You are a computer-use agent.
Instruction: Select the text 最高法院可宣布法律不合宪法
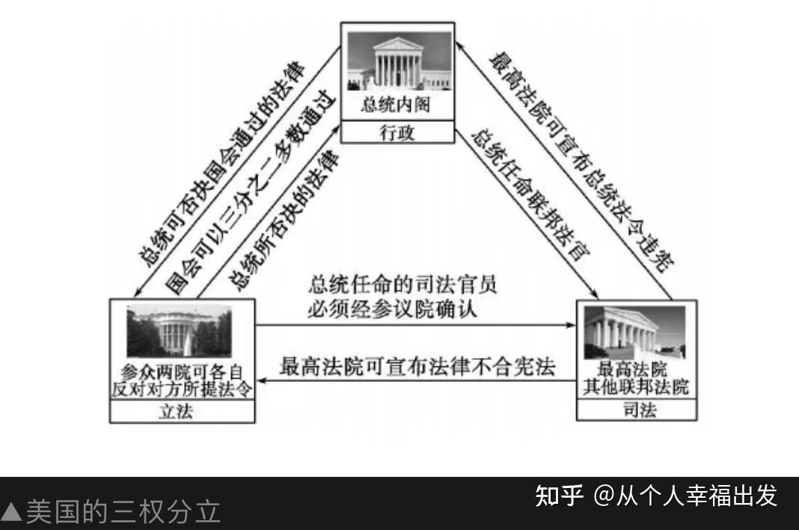coord(417,368)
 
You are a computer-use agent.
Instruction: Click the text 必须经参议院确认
coord(391,308)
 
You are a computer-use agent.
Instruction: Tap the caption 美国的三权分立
coord(124,512)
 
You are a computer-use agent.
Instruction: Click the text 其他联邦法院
coord(637,387)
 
